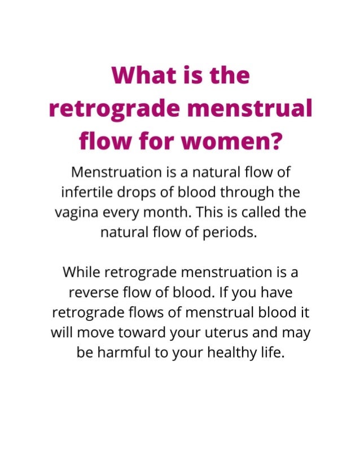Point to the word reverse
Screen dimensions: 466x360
(93, 293)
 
